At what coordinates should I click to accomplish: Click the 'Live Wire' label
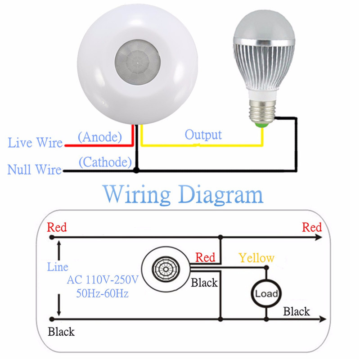pos(35,143)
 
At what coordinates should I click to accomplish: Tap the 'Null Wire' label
pos(34,170)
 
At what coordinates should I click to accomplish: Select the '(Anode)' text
pos(100,137)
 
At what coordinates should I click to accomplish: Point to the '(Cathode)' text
pos(105,162)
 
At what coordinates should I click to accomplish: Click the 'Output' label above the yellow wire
pos(203,134)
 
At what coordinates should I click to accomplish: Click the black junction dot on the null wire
pos(136,171)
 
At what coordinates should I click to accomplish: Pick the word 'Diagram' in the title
pos(220,194)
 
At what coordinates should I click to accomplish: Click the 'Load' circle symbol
pos(266,294)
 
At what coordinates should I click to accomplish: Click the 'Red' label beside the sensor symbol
pos(205,257)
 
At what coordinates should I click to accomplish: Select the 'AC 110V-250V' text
pos(102,280)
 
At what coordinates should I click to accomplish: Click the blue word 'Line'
pos(58,267)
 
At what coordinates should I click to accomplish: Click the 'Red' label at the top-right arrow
pos(312,227)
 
